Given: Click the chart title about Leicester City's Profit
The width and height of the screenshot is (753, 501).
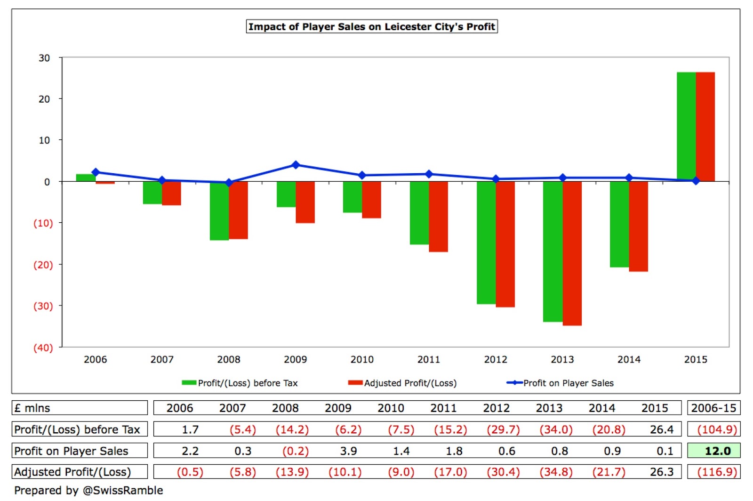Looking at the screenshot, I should click(372, 26).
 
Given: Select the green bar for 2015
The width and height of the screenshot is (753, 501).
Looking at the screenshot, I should click(686, 126).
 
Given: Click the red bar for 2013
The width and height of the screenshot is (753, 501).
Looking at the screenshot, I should click(572, 253).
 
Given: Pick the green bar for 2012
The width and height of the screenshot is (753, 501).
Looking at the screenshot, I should click(486, 242).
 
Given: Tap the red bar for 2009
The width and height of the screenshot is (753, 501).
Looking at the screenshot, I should click(305, 202).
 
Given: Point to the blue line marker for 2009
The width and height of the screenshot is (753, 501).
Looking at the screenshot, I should click(296, 165).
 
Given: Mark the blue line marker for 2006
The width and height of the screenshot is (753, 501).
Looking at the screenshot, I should click(96, 172).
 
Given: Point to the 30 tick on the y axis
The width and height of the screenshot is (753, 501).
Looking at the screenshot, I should click(44, 58).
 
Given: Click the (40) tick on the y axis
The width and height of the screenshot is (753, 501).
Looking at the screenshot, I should click(43, 347).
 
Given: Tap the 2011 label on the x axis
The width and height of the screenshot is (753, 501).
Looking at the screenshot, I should click(429, 359).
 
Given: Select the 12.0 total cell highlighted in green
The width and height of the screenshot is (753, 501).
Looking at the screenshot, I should click(713, 451).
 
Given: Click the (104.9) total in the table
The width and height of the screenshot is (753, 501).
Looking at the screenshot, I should click(713, 429).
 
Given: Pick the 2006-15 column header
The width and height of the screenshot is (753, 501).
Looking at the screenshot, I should click(713, 408).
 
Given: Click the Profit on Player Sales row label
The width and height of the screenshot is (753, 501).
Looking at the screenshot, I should click(72, 451).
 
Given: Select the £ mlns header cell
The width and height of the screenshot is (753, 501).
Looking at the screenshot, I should click(32, 408).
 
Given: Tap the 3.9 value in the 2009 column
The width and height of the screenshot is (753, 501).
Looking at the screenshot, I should click(348, 451).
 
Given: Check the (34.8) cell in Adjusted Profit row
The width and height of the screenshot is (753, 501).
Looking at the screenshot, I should click(556, 472).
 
